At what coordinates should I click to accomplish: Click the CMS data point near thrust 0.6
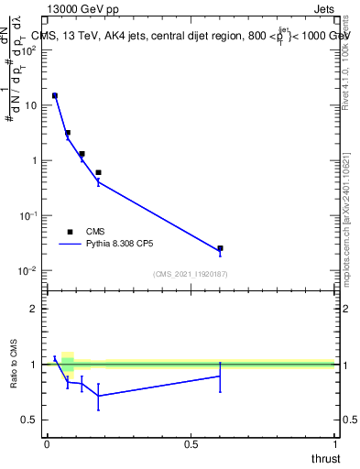220,248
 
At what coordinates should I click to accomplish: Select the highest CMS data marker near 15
55,95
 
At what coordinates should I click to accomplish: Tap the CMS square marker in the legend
70,232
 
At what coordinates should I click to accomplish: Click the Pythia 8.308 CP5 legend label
120,245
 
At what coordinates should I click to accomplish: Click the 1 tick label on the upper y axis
35,160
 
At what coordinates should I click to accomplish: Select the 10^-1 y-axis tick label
27,215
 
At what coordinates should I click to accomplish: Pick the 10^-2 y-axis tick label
27,270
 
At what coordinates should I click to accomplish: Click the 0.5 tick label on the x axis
191,443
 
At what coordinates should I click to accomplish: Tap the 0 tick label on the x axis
47,443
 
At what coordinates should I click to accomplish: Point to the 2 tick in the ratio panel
35,309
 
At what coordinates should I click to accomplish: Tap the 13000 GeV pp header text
85,9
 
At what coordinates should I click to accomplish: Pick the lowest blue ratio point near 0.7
98,396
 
